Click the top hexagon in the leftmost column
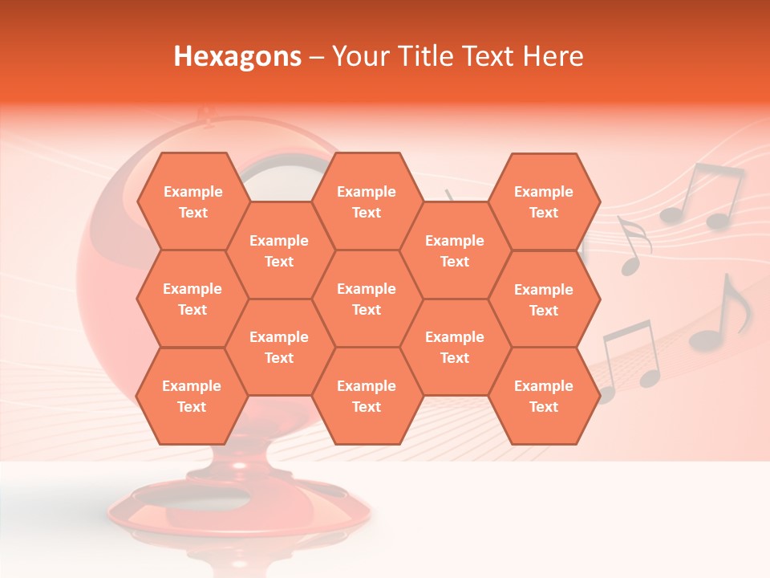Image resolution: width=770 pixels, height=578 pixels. [x=192, y=201]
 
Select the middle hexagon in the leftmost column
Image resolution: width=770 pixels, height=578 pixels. [x=192, y=299]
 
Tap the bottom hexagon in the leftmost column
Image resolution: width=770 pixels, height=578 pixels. [x=192, y=396]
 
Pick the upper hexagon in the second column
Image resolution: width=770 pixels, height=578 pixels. [x=279, y=250]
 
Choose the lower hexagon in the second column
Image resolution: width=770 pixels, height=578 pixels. [x=279, y=347]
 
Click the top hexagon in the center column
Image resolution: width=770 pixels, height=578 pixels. [x=367, y=201]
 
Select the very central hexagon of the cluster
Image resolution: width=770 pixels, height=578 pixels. [x=367, y=299]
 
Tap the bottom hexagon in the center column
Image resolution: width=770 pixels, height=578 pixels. [x=367, y=396]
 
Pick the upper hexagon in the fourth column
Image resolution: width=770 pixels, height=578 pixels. [x=455, y=250]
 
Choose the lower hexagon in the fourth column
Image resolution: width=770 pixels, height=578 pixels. [x=455, y=347]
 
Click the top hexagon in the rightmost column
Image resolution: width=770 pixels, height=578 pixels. [x=544, y=201]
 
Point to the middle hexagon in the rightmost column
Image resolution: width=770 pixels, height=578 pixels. [x=544, y=299]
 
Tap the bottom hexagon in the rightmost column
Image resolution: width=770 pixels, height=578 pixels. [x=544, y=396]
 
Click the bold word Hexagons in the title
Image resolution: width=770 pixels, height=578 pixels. [x=237, y=56]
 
